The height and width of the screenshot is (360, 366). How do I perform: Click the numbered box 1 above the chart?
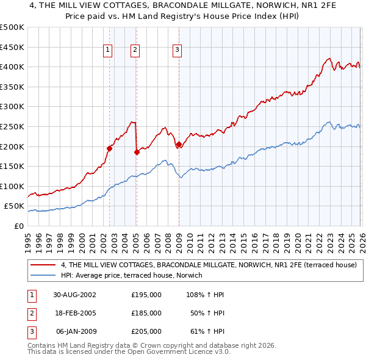107,51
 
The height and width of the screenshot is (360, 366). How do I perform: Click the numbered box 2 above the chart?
135,51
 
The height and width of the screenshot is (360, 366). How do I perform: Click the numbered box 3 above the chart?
177,51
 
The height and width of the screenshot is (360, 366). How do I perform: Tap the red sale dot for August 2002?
110,148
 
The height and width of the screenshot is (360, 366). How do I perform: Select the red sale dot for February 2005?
137,153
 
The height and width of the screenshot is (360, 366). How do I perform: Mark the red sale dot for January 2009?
179,145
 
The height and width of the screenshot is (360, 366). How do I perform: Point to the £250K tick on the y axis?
12,126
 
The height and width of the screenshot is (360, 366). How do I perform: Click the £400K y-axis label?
12,67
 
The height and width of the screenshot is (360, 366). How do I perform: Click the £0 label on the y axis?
18,226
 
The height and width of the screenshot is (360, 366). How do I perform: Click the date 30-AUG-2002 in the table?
74,295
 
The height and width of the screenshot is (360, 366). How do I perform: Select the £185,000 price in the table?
146,313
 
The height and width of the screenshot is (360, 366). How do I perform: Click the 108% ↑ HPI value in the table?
206,295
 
